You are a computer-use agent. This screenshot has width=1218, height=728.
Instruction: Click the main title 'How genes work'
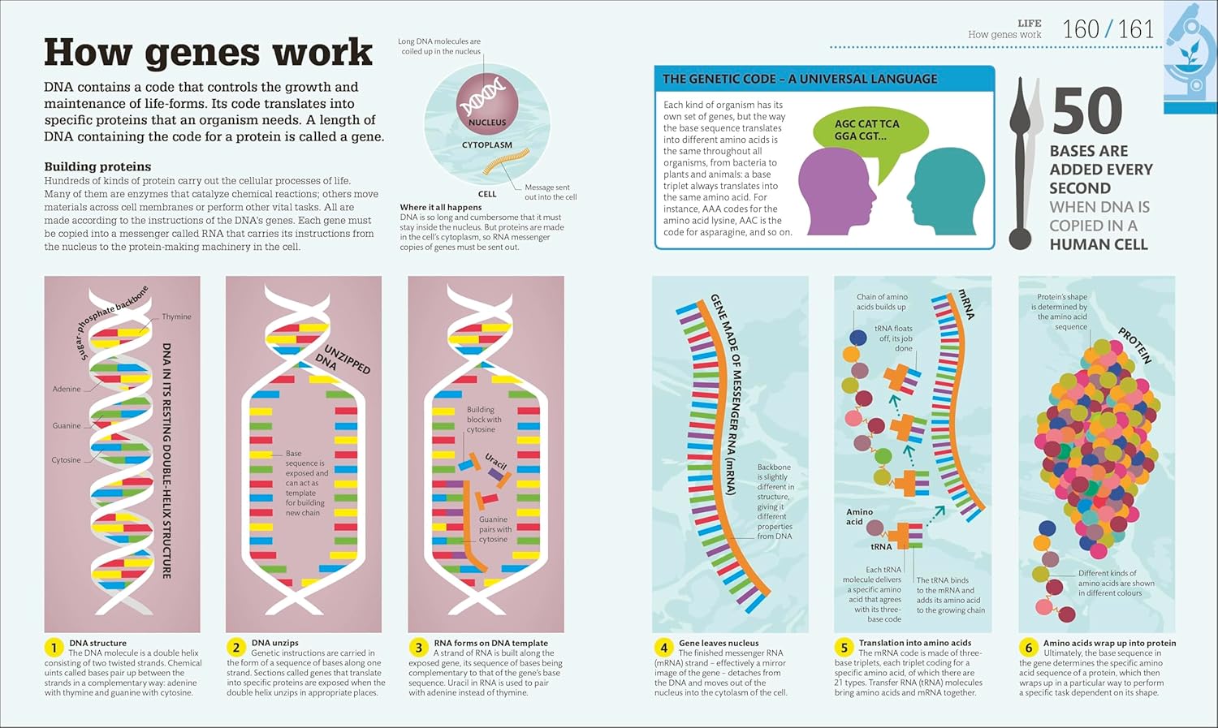pos(208,53)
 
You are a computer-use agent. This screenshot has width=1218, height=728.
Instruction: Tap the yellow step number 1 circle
pos(54,648)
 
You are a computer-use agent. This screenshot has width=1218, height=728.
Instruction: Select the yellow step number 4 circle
pos(663,648)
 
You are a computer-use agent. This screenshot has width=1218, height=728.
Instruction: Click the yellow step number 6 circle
pos(1028,648)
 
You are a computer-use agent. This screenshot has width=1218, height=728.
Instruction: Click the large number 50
pos(1087,112)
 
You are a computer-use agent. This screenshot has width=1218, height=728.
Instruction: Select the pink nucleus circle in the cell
pos(487,104)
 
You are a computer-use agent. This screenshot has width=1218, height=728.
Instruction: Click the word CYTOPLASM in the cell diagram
pos(487,145)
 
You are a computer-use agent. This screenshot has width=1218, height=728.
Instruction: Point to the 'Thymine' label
pos(176,317)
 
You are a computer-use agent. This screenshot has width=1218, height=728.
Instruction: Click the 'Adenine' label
pos(67,389)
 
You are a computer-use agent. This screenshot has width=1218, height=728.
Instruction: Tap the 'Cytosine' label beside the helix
pos(66,460)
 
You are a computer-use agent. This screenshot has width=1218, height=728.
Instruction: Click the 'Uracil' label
pos(495,462)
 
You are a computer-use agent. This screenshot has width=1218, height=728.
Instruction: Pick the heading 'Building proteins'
pos(97,166)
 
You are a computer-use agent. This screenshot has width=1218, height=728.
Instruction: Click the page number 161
pos(1136,30)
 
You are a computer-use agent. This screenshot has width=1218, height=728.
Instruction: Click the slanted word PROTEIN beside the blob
pos(1135,345)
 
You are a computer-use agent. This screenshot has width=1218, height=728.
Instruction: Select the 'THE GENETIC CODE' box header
pos(800,80)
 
